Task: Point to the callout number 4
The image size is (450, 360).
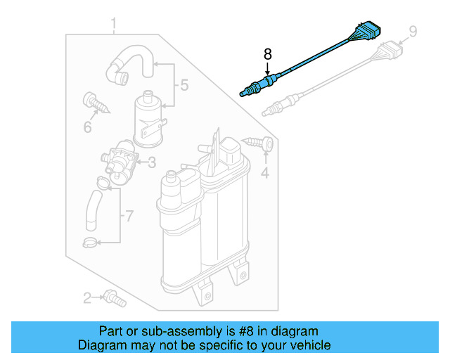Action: [x=265, y=172]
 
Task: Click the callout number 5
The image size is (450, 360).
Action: [x=184, y=86]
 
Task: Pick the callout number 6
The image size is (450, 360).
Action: [x=88, y=127]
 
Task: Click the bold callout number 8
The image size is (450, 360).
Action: [x=267, y=53]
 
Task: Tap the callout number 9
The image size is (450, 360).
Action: [x=413, y=31]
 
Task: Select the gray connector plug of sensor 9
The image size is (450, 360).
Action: [x=390, y=52]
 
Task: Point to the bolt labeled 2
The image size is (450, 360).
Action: [x=113, y=298]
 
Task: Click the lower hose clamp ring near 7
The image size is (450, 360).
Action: [x=89, y=243]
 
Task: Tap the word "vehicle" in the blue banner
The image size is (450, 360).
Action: [x=310, y=345]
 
